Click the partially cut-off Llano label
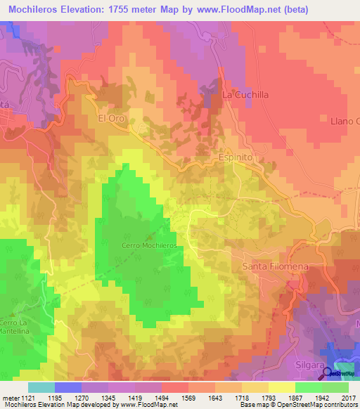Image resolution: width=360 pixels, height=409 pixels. [x=345, y=122]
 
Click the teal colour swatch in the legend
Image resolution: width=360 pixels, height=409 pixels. [x=41, y=387]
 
